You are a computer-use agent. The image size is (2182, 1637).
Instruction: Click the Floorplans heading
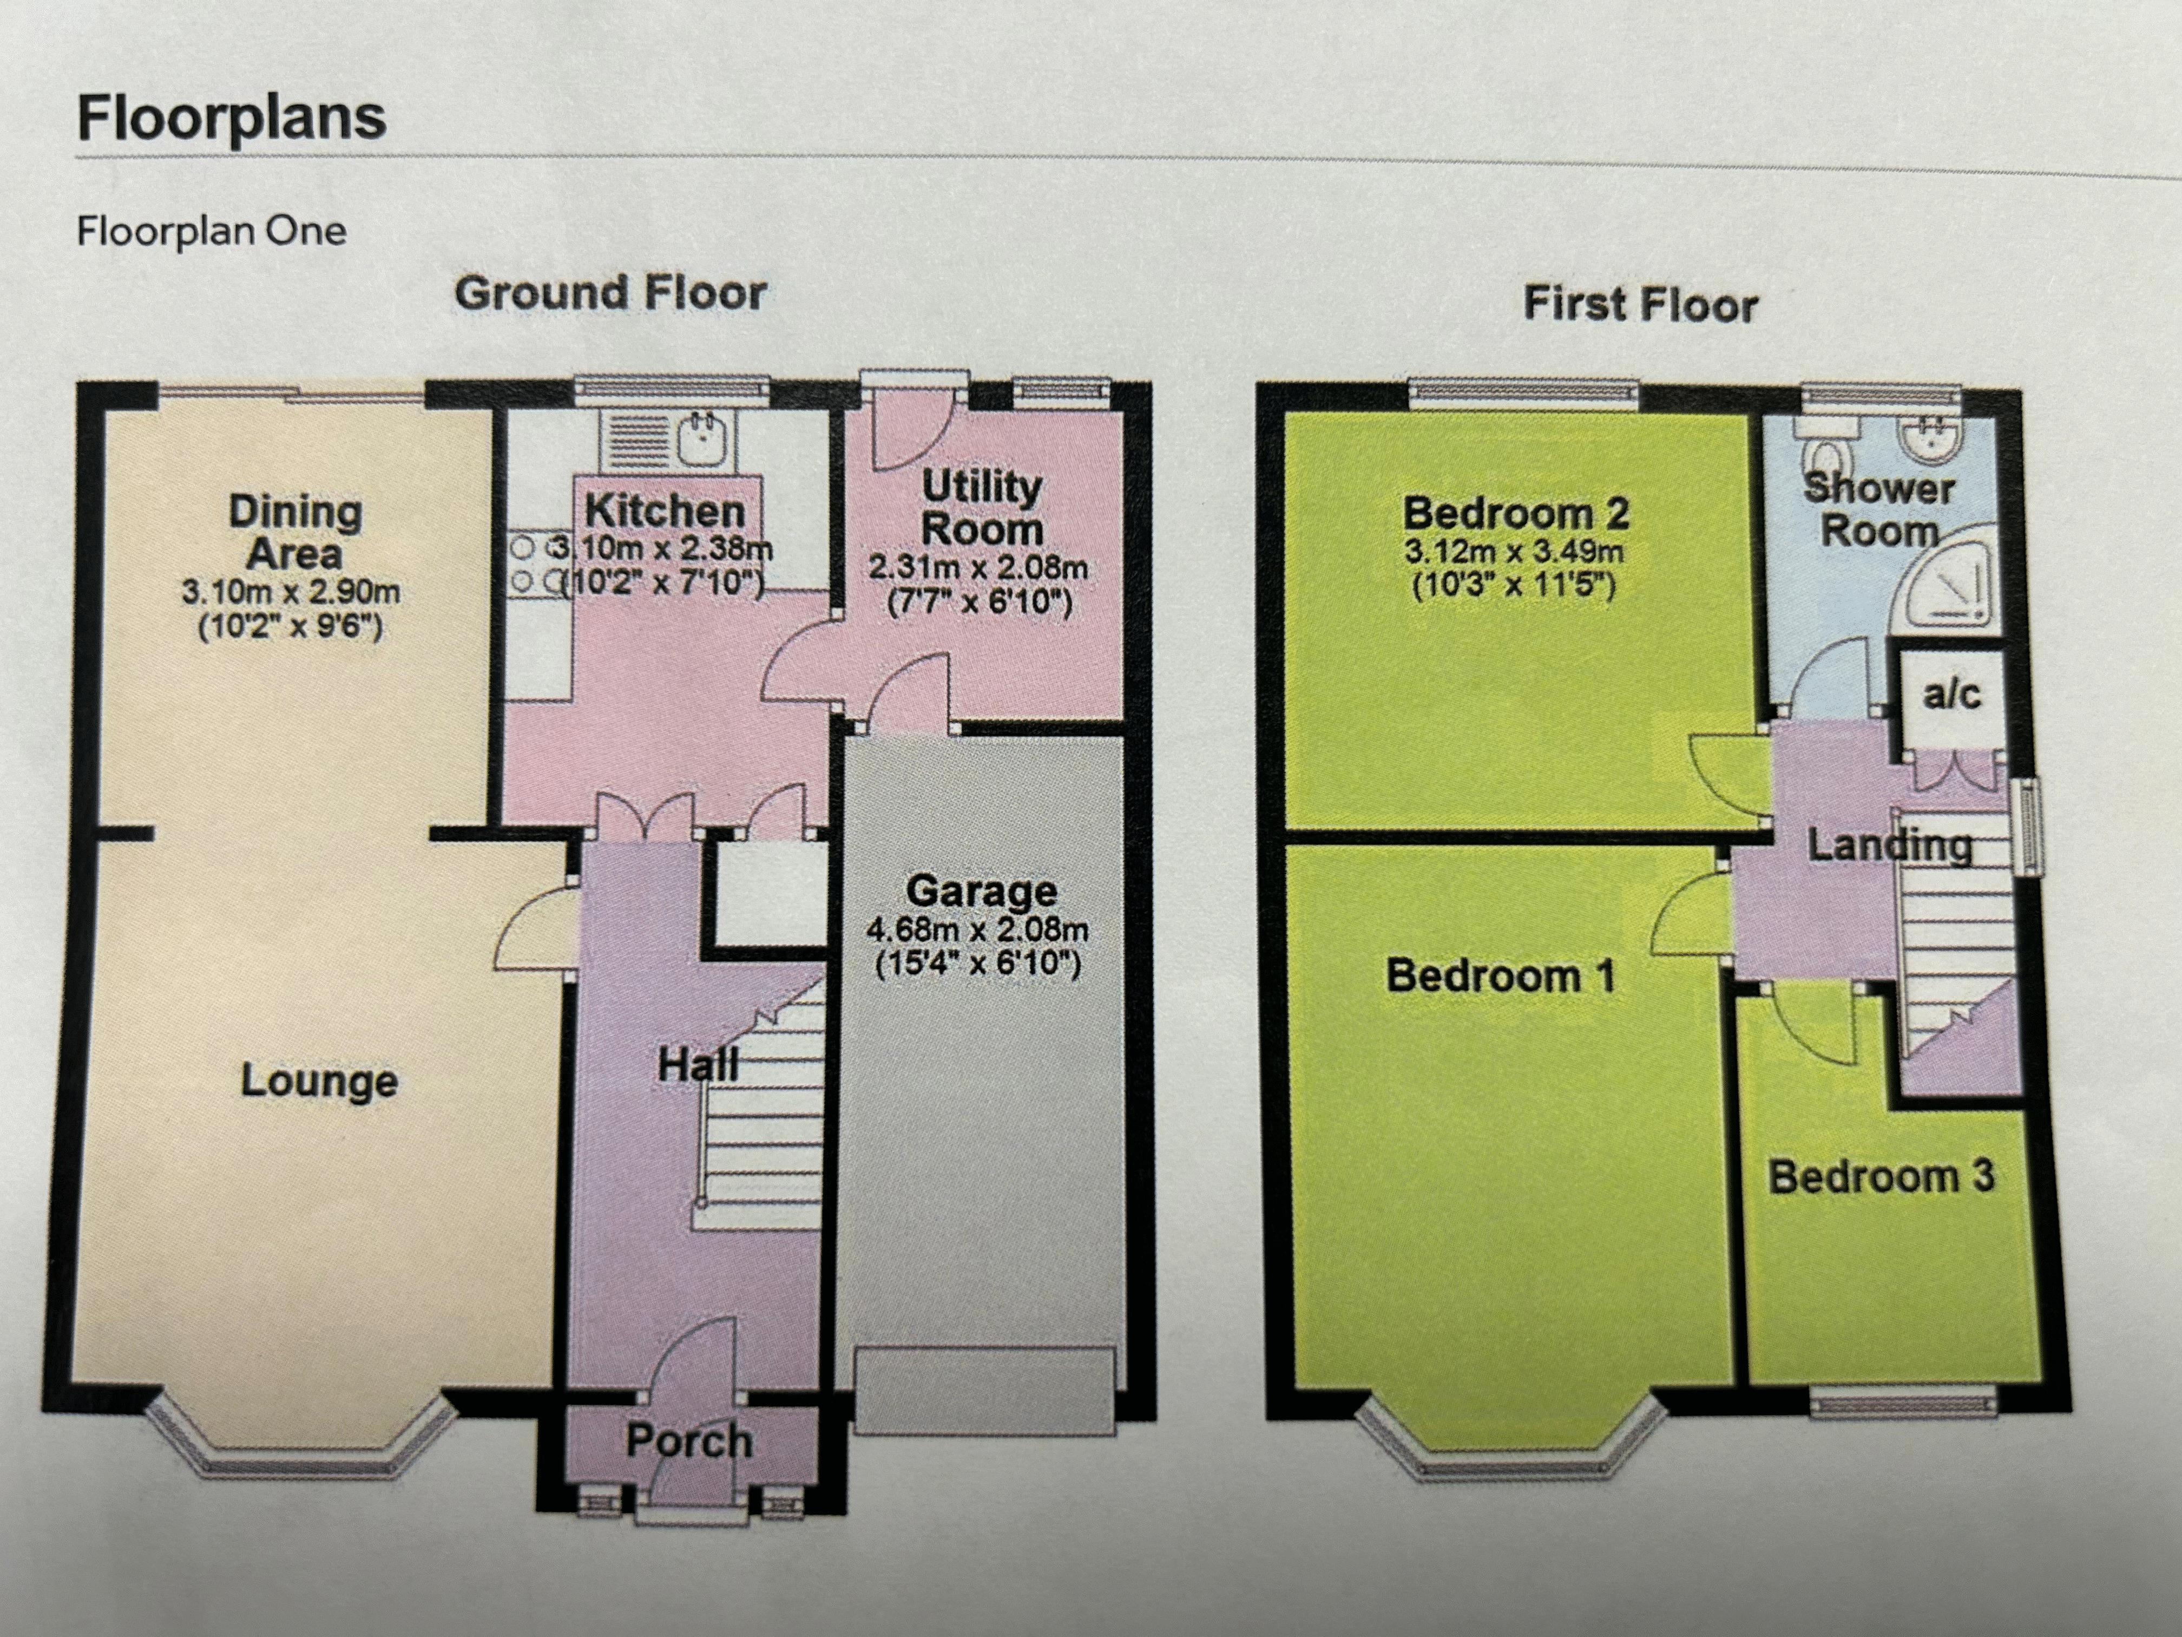click(x=232, y=119)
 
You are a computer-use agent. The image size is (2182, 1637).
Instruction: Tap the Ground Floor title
click(x=610, y=293)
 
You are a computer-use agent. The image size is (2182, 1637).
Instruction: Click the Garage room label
click(x=982, y=891)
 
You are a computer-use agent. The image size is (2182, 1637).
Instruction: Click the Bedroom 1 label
click(x=1500, y=976)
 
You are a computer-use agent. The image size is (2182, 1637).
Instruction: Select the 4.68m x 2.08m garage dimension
click(x=977, y=929)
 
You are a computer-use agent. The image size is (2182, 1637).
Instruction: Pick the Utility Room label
click(x=982, y=508)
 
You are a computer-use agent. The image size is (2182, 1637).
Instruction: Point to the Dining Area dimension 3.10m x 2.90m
click(x=291, y=592)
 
